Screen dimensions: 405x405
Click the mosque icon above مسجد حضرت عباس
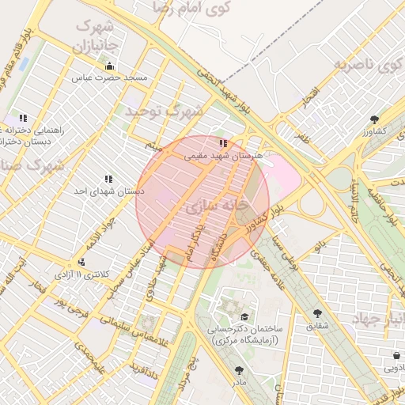[x=109, y=66]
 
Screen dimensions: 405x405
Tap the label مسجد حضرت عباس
[x=111, y=78]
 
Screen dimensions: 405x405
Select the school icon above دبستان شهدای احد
[x=108, y=180]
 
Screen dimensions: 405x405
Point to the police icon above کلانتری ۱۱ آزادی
[x=81, y=262]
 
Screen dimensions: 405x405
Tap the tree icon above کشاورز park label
[x=373, y=119]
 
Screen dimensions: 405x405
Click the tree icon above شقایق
[x=318, y=313]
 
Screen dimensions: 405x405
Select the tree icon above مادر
[x=239, y=369]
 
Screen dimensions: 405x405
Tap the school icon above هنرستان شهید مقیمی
[x=224, y=144]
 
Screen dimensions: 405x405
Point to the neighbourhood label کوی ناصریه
[x=364, y=65]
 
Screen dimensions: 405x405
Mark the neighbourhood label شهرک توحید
[x=165, y=112]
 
